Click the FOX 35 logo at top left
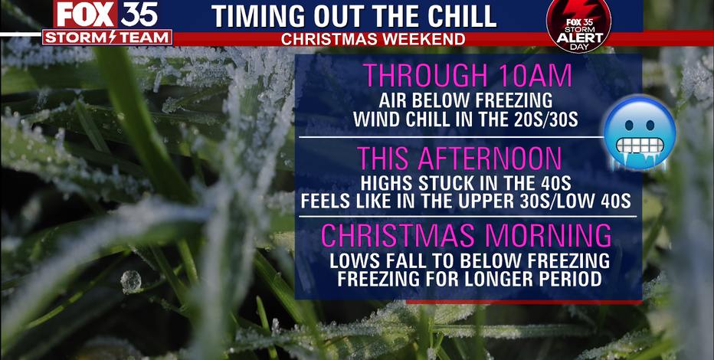coord(107,14)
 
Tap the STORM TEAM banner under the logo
coord(107,38)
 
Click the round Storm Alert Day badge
coord(578,26)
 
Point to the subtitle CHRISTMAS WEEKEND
coord(373,40)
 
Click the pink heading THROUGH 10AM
coord(467,76)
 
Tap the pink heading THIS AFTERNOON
coord(460,159)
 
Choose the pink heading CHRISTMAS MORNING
coord(467,235)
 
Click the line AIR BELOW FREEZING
coord(465,100)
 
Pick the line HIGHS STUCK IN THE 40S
coord(465,183)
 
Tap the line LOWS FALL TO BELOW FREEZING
coord(470,260)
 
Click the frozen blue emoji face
coord(640,133)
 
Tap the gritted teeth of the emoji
coord(640,145)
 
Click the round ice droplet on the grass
coord(131,281)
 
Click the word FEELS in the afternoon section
coord(325,202)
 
